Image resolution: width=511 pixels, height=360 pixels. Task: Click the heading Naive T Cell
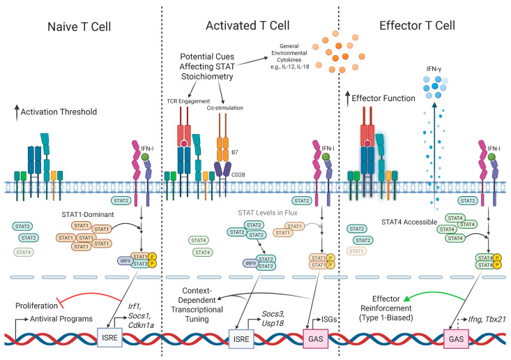(79, 27)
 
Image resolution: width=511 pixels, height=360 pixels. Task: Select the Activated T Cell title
(247, 25)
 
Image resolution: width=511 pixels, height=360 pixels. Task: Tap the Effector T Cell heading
(417, 25)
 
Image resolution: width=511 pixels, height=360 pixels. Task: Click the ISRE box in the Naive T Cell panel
(110, 338)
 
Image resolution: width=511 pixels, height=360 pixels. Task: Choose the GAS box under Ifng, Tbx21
(456, 339)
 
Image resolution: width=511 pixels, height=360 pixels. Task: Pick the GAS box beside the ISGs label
(316, 339)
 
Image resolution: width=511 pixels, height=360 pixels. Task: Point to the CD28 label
(238, 175)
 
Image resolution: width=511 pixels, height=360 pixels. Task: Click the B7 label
(235, 152)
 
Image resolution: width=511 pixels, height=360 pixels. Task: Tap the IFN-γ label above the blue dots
(434, 69)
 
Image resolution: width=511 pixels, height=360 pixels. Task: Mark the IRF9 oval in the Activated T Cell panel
(250, 264)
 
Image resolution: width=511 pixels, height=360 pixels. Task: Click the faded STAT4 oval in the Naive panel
(24, 252)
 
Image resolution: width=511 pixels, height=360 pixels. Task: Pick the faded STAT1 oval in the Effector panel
(356, 251)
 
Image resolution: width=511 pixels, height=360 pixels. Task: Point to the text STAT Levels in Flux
(268, 213)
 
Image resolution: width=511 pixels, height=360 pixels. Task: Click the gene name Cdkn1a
(141, 325)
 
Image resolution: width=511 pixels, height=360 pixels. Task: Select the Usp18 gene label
(273, 323)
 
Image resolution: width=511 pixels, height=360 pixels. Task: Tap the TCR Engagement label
(188, 101)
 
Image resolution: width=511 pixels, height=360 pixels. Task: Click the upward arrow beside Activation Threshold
(17, 113)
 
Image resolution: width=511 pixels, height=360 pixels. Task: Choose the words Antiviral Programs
(61, 319)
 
